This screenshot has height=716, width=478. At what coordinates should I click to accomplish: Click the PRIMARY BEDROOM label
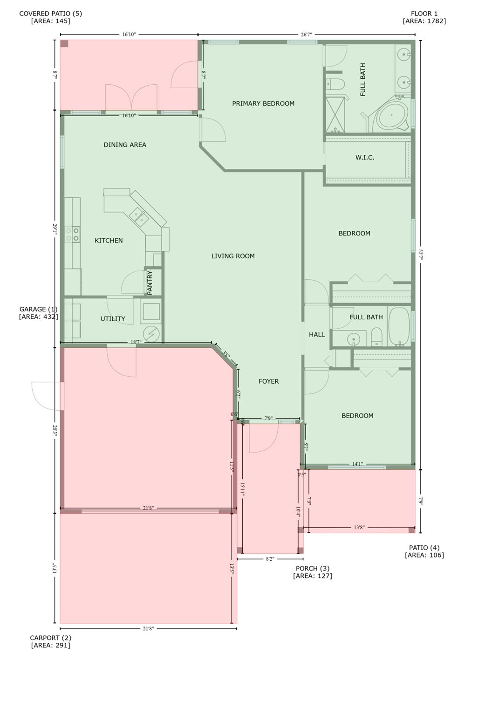point(263,103)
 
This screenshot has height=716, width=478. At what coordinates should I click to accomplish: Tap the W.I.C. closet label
point(365,158)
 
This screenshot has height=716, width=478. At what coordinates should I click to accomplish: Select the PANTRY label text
point(150,282)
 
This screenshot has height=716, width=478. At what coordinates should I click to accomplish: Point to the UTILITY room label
point(113,319)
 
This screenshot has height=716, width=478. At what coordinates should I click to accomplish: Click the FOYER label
point(268,381)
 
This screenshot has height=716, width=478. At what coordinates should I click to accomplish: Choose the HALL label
point(317,334)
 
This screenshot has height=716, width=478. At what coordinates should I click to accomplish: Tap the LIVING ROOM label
point(233,256)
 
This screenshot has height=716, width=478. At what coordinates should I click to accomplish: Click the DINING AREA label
point(125,145)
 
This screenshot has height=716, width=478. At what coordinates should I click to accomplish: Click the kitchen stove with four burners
point(73,234)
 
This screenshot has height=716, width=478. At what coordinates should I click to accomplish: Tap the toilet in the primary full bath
point(336,85)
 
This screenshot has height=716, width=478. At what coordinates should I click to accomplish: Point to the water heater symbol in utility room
point(151,334)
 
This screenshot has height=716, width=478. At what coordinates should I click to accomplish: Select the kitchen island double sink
point(138,216)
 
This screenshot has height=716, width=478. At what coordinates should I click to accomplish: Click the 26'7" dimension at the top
point(306,34)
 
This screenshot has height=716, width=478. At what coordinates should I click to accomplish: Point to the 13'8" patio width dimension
point(359,528)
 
